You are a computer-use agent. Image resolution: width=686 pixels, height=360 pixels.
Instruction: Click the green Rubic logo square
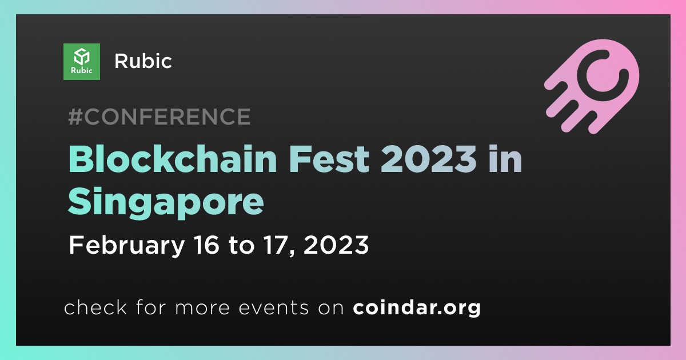(x=81, y=62)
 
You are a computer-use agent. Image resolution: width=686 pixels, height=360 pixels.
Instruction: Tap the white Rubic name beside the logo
(x=143, y=61)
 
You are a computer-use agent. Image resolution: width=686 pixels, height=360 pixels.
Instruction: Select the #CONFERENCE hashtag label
(x=159, y=117)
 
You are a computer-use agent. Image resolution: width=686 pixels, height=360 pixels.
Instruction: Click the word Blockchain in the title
(x=173, y=159)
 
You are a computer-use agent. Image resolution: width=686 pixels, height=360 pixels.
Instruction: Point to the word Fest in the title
(x=329, y=159)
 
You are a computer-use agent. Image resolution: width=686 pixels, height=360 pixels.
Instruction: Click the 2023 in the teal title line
(x=428, y=159)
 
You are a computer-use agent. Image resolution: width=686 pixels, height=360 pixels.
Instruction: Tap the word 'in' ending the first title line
(x=505, y=159)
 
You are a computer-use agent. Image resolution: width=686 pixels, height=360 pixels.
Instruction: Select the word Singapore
(x=166, y=202)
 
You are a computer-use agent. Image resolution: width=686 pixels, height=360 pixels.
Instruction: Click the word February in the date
(x=127, y=246)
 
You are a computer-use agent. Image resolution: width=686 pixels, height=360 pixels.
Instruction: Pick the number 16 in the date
(x=207, y=245)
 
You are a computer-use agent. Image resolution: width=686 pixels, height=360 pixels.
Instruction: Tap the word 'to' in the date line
(x=242, y=246)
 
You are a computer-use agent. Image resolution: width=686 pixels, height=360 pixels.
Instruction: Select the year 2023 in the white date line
(x=336, y=245)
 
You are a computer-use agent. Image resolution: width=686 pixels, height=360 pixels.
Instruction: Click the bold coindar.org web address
(x=417, y=307)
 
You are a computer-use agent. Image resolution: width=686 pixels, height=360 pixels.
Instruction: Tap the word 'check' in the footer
(x=95, y=307)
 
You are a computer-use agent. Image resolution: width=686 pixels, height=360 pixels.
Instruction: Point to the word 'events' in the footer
(x=273, y=308)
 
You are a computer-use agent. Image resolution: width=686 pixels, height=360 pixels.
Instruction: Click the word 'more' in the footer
(x=202, y=309)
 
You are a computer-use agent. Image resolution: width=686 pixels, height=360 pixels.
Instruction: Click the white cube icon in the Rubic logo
(x=81, y=57)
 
